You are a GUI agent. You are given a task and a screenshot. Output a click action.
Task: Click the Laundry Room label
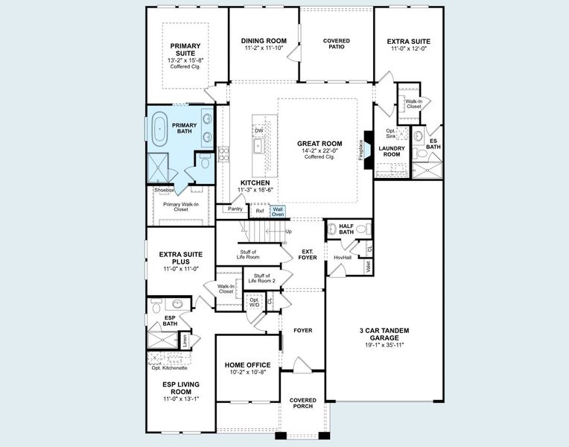(391, 151)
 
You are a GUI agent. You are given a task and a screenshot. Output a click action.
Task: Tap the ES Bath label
(433, 143)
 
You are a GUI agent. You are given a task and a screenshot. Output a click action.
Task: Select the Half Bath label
(346, 229)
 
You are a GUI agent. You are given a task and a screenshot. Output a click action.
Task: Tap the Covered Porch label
(302, 403)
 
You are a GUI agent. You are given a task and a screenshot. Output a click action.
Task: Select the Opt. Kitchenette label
(170, 368)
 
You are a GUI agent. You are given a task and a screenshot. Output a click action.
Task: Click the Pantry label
(235, 209)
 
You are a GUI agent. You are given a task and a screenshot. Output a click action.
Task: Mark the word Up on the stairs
(289, 232)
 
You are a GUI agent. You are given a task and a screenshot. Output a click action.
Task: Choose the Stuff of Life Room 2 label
(262, 279)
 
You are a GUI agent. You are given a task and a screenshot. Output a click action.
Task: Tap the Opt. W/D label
(255, 302)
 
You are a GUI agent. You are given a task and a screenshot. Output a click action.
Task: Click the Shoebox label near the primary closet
(164, 191)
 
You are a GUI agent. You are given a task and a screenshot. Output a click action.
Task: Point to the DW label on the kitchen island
(258, 131)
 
